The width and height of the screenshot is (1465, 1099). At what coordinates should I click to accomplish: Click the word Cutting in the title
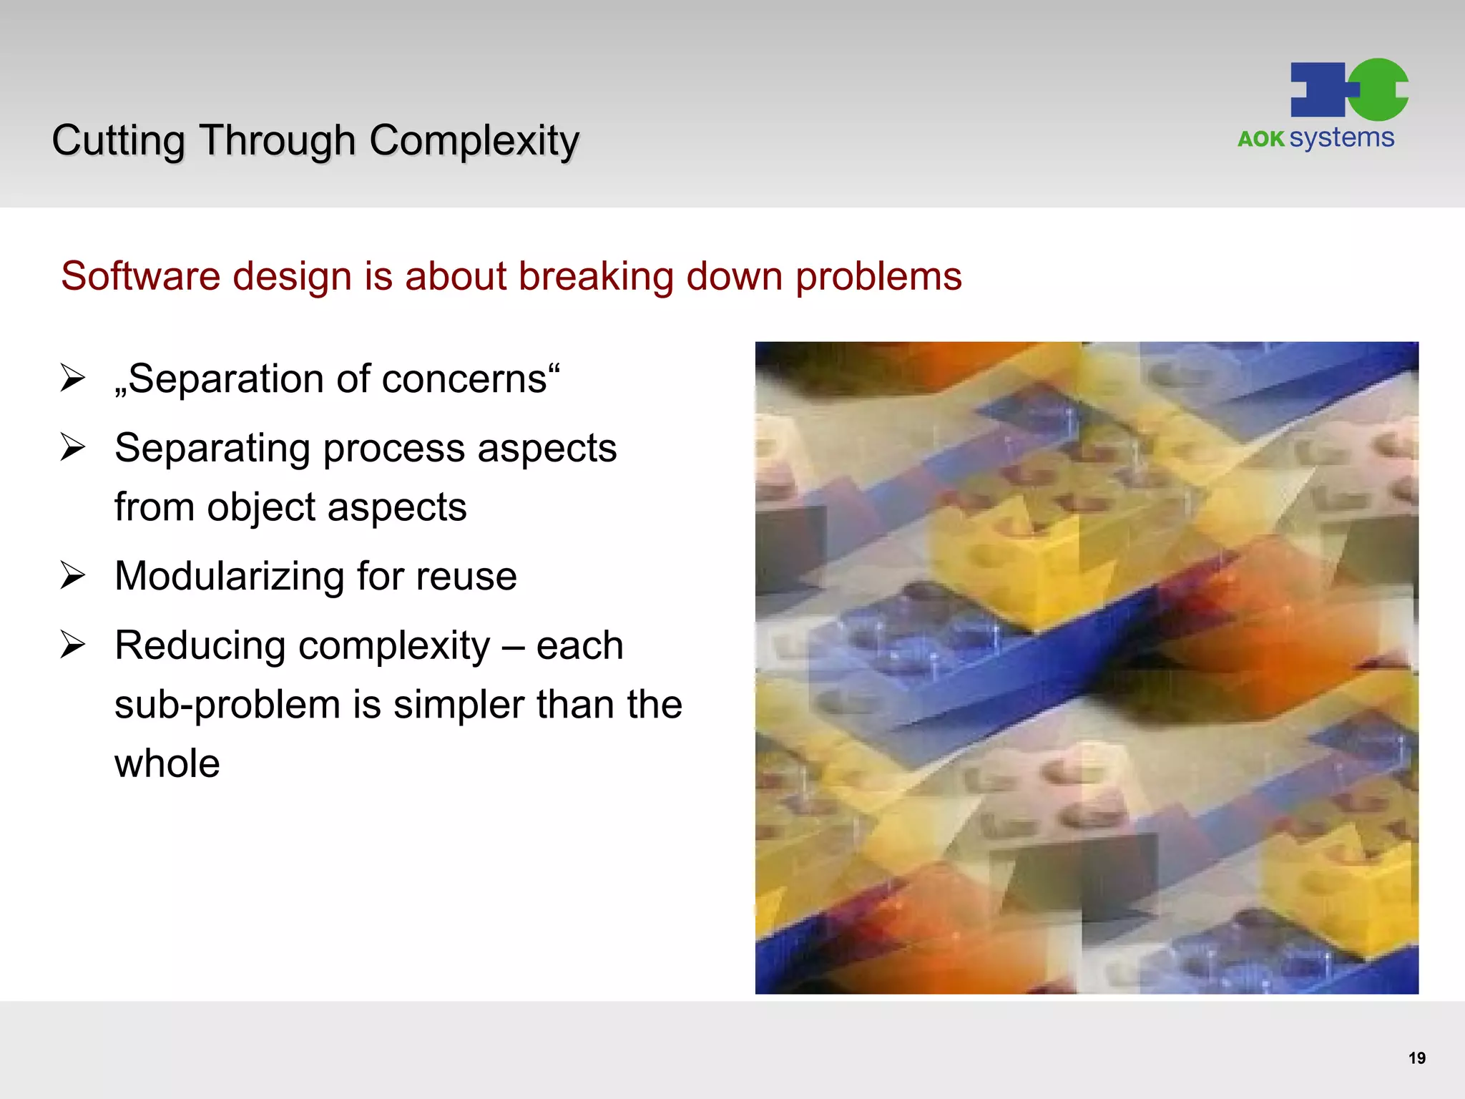pos(118,140)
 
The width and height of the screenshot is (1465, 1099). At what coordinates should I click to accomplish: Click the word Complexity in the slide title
pos(474,140)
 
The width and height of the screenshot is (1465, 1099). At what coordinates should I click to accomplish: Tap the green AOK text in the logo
pos(1261,139)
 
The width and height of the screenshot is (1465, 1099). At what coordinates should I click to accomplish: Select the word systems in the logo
pos(1342,137)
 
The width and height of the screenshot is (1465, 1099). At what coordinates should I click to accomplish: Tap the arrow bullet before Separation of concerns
pos(73,378)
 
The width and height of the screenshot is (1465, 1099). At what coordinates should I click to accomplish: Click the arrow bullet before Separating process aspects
pos(73,448)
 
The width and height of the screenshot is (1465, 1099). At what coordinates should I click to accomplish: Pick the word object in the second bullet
pos(261,507)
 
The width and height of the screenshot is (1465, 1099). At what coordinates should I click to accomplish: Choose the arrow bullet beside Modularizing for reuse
pos(73,576)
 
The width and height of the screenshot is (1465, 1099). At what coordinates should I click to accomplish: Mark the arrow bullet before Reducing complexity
pos(73,645)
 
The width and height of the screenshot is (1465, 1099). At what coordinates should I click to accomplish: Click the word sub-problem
pos(227,705)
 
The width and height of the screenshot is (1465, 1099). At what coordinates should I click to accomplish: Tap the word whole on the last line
pos(167,763)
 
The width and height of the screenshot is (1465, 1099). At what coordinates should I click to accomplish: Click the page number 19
pos(1416,1058)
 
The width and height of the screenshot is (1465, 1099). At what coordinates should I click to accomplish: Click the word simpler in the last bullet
pos(459,705)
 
